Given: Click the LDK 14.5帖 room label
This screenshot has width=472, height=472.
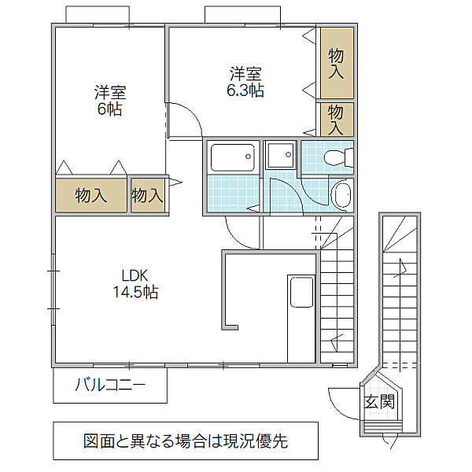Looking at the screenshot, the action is click(x=135, y=284).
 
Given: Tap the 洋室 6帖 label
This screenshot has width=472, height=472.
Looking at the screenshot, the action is click(x=110, y=101).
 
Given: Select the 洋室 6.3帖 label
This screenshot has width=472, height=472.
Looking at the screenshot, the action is click(x=245, y=82).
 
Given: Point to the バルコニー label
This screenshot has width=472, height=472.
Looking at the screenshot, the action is click(x=110, y=385).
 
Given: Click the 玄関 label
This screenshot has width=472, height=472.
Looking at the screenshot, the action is click(x=379, y=401).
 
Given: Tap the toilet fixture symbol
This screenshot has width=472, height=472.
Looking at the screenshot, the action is click(x=338, y=157).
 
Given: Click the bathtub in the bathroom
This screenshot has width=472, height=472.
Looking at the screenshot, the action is click(x=233, y=158).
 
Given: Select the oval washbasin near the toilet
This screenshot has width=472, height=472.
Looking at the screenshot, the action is click(x=341, y=195).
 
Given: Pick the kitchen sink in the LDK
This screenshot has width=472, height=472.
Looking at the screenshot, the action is click(x=301, y=292).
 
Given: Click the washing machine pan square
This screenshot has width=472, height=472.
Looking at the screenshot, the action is click(x=280, y=155).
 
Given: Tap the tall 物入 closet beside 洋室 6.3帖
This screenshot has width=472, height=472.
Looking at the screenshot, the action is click(x=337, y=63).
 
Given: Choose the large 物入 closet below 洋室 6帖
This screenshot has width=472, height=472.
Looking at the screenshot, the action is click(x=91, y=195).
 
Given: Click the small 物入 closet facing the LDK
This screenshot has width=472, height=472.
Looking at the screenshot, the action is click(x=148, y=195).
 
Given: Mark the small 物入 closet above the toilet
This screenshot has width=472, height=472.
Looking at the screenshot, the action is click(x=337, y=120).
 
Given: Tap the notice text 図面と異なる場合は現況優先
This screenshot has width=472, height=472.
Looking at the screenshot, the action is click(x=186, y=441).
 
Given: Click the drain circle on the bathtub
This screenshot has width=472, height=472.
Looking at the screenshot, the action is click(x=248, y=157).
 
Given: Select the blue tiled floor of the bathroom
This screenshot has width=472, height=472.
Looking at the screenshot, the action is click(x=233, y=194).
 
